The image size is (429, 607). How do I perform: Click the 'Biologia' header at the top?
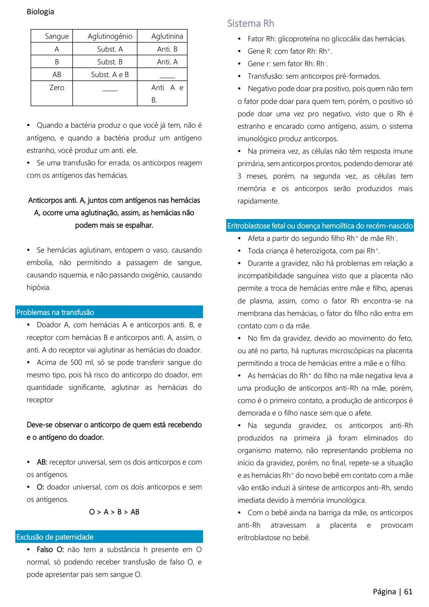40,12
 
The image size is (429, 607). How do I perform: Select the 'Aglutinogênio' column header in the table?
110,36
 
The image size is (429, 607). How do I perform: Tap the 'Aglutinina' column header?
167,36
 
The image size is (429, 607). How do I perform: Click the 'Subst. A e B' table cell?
110,74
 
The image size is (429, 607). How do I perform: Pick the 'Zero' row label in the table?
56,87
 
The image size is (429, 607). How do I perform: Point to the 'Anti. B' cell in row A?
167,49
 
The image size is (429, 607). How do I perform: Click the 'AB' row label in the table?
56,74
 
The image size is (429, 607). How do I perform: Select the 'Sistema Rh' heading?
251,23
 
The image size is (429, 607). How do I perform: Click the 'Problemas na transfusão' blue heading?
55,312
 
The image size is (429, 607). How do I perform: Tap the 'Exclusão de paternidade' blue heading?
55,537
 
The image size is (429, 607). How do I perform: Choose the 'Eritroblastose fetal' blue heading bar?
320,226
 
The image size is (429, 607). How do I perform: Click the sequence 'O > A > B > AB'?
114,512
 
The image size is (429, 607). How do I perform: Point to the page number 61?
408,591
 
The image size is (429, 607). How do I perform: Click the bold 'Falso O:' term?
51,550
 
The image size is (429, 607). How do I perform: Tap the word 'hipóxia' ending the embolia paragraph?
38,287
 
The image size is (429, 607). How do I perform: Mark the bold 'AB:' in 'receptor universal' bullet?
42,462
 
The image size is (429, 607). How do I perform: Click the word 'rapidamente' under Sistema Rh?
258,201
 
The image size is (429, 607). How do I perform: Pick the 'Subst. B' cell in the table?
110,62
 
